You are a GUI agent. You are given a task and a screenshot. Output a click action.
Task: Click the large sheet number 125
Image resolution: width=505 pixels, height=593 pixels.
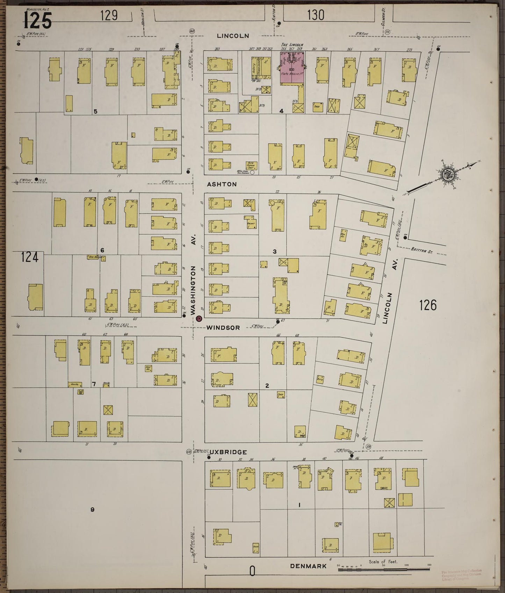[x=38, y=20]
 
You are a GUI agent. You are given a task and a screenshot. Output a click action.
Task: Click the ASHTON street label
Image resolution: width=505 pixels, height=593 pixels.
[x=222, y=184]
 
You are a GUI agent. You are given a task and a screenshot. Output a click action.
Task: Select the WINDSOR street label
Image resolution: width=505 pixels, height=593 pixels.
[x=223, y=328]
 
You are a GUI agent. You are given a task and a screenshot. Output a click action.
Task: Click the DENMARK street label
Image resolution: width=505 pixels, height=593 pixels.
[x=309, y=566]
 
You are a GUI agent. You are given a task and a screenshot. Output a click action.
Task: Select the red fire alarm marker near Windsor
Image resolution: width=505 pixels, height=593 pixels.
[x=199, y=318]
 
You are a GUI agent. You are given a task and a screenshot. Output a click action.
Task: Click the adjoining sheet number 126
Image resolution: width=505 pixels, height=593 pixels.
[x=428, y=305]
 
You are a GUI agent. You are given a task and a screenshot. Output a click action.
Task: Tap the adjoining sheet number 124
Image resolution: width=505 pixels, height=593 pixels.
[x=29, y=257]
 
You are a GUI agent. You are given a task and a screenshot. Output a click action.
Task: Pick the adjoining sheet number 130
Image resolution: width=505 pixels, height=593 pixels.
[x=316, y=15]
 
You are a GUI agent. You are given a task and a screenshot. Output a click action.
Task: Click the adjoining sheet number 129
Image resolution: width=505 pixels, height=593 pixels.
[x=109, y=15]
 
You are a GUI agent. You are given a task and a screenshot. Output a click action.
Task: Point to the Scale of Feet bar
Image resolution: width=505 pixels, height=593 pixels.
[x=383, y=570]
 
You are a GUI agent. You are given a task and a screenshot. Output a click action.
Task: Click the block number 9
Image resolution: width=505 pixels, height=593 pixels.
[x=92, y=509]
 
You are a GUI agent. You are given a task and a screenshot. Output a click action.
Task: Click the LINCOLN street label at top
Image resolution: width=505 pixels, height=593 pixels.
[x=233, y=36]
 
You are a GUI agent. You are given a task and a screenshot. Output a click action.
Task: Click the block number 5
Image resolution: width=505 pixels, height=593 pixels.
[x=95, y=111]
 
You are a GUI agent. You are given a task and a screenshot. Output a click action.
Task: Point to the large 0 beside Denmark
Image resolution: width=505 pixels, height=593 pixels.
[x=252, y=572]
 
